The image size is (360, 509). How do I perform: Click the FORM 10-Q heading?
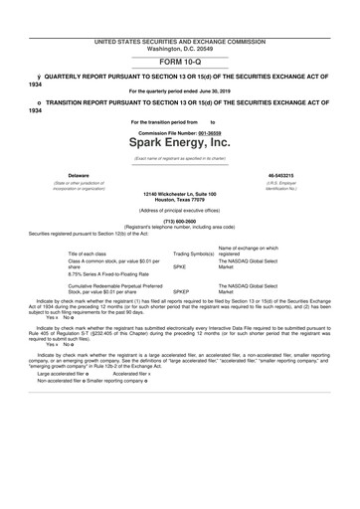tap(179, 61)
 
